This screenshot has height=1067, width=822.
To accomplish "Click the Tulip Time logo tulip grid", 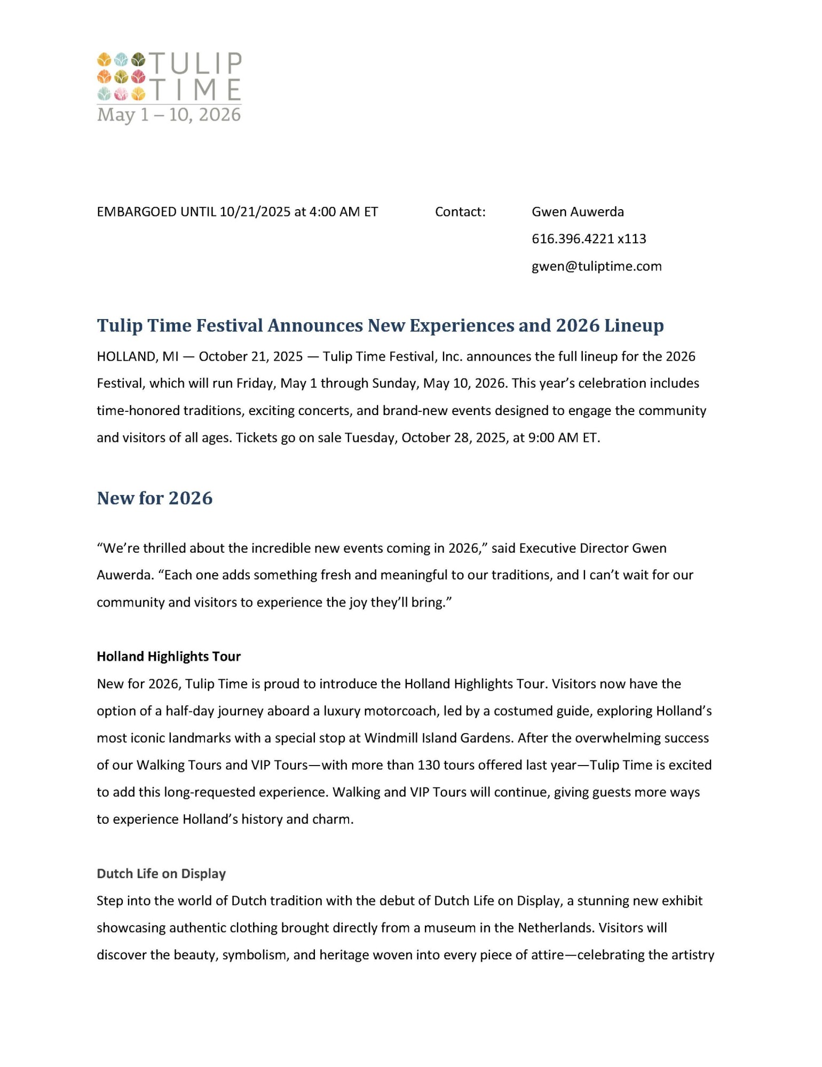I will click(x=121, y=76).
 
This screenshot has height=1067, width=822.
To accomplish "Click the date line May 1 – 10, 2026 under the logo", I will click(x=169, y=115).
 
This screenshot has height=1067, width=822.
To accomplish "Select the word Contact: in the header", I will click(x=460, y=212).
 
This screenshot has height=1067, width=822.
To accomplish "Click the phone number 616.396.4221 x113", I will click(x=589, y=239).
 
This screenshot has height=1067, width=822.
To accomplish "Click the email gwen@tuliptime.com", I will click(x=596, y=266).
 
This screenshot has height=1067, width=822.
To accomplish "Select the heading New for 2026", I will click(x=155, y=498).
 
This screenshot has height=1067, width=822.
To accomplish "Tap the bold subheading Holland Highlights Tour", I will click(x=169, y=656).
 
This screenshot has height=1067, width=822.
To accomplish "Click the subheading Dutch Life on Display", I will click(x=161, y=873).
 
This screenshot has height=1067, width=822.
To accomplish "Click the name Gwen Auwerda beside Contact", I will click(x=578, y=212).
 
